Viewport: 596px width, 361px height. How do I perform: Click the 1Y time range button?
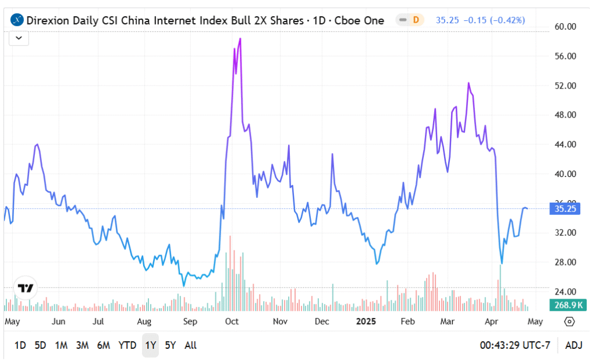150,345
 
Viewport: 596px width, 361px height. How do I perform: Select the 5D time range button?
40,345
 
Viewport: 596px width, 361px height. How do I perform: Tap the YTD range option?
127,345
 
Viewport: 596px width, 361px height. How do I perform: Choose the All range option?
190,345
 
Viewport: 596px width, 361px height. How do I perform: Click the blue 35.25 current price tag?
565,209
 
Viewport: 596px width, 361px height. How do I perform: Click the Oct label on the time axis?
232,321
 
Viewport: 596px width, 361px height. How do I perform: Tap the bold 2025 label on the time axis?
366,321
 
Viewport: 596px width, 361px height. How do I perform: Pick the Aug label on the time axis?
144,321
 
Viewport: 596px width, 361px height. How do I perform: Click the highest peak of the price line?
240,39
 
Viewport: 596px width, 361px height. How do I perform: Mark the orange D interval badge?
416,20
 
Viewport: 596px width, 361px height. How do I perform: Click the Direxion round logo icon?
17,20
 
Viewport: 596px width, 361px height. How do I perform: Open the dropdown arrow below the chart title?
19,38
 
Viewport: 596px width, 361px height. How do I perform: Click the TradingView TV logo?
26,288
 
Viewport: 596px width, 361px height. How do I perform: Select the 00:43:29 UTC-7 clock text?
514,345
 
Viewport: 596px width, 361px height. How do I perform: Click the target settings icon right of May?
569,321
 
